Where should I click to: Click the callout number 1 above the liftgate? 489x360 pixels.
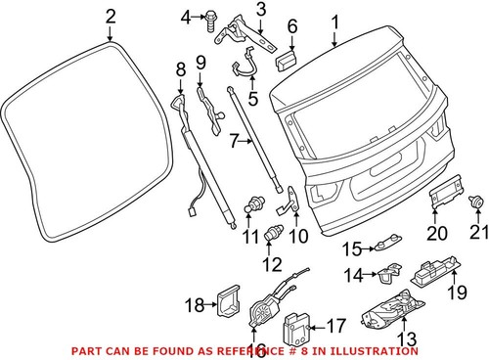(x=335, y=20)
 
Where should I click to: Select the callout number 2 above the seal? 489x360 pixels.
(x=111, y=16)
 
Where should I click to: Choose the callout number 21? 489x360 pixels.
(x=477, y=232)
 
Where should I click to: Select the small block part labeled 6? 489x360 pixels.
(x=288, y=61)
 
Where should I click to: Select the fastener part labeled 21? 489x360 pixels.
(x=476, y=202)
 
